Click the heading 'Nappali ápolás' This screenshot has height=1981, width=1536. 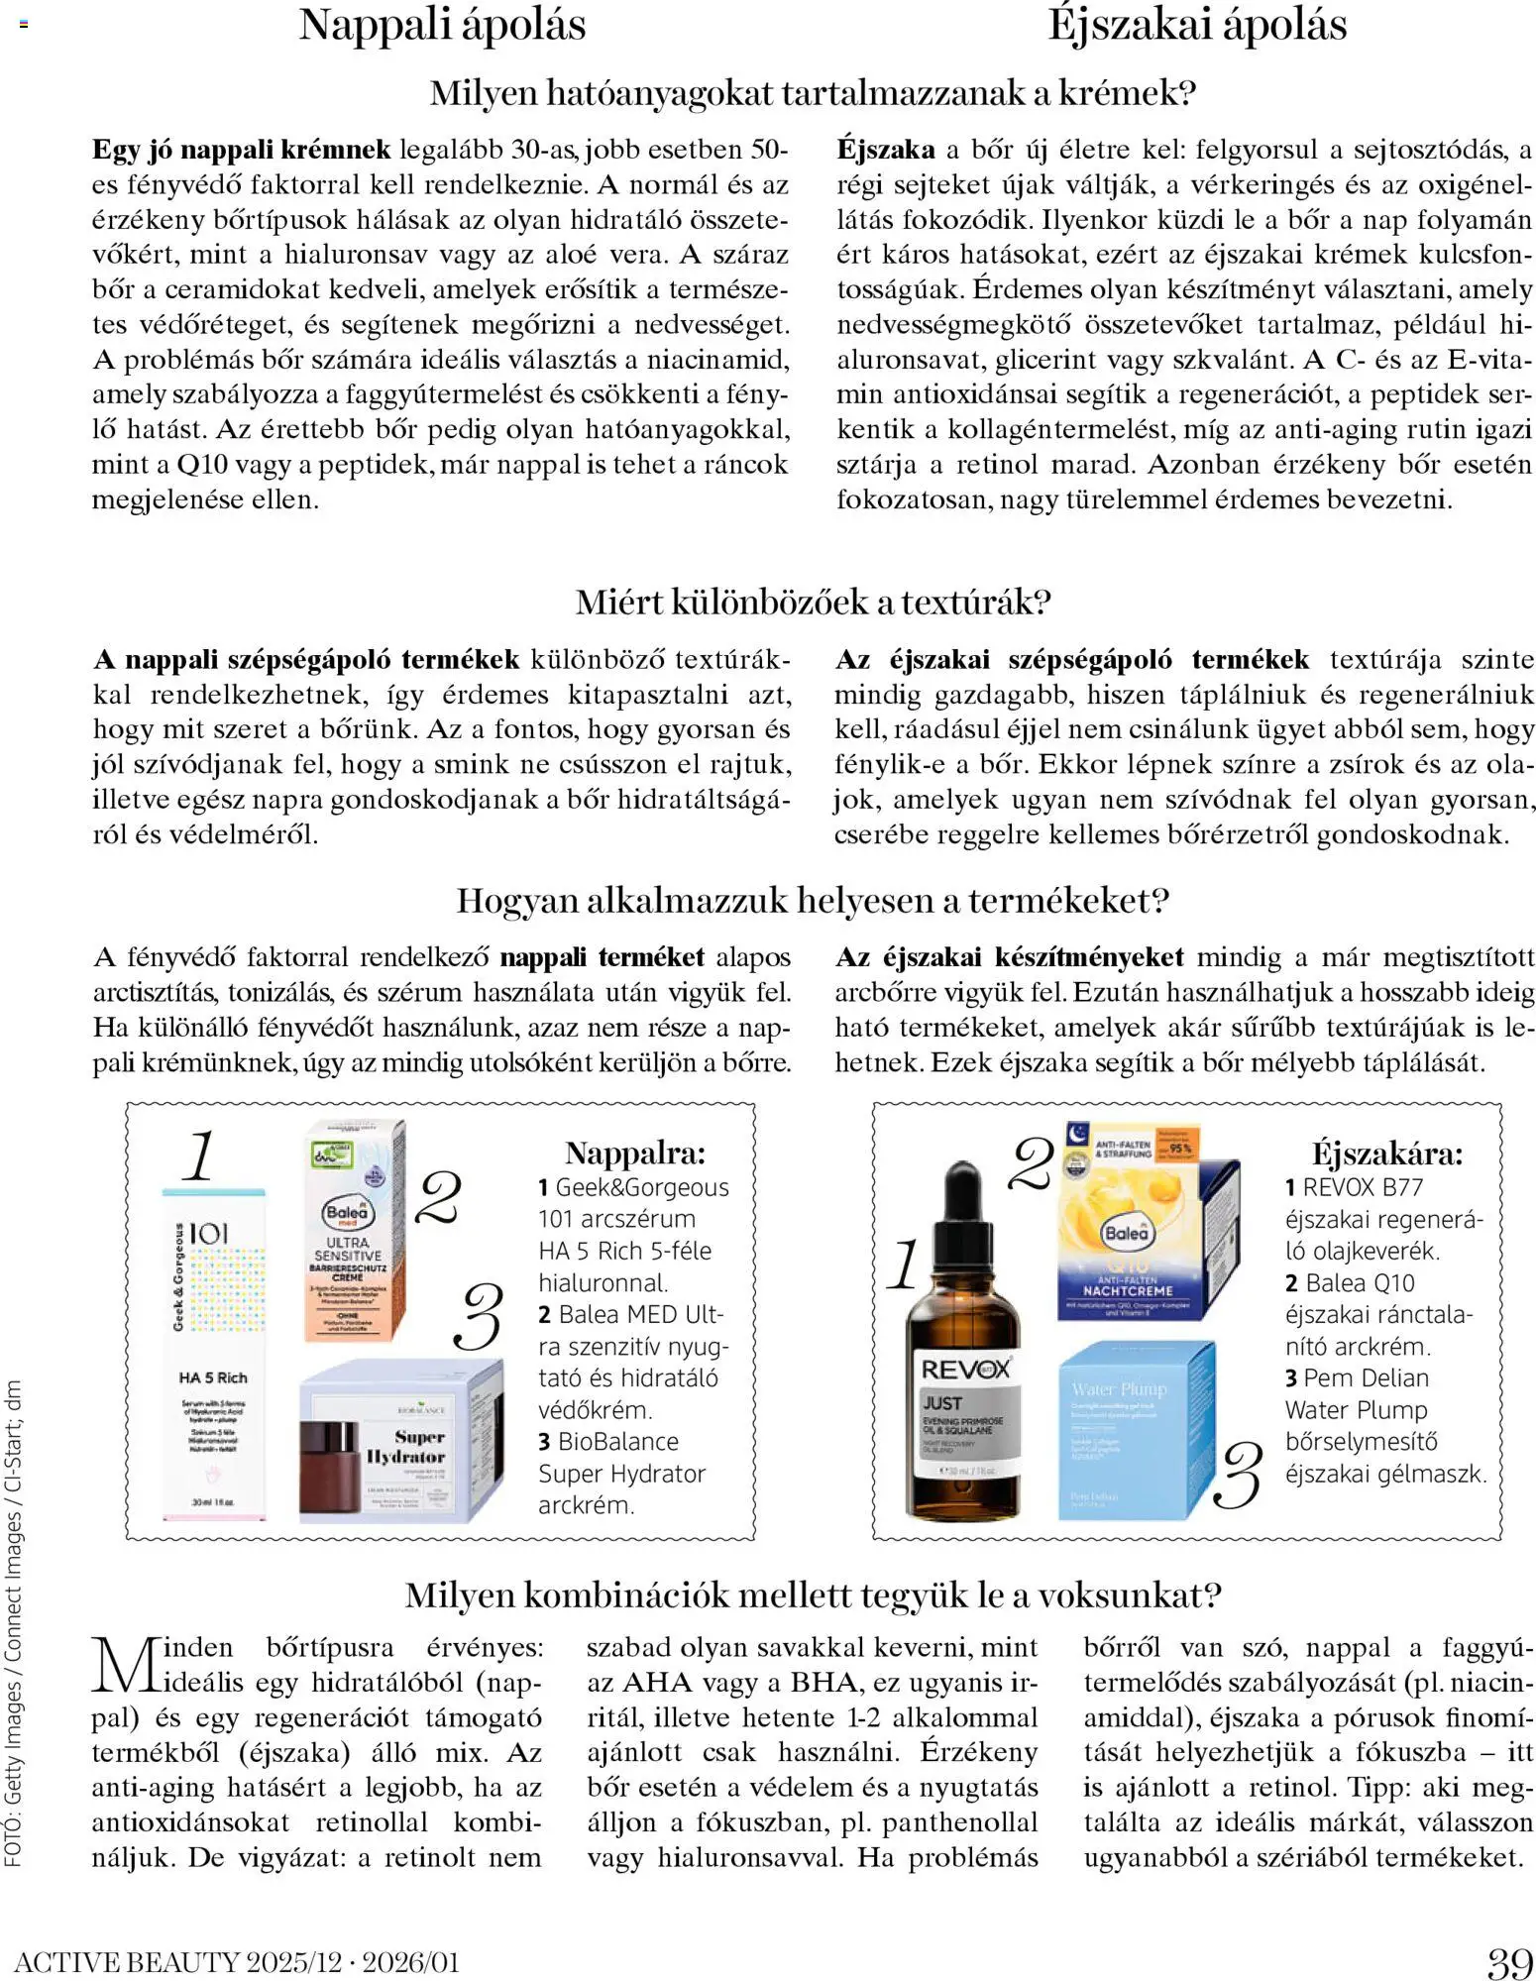click(442, 25)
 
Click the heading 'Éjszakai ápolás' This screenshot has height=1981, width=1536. click(1196, 25)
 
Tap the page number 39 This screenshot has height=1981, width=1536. click(1509, 1962)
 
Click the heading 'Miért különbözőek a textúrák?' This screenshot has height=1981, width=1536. click(813, 602)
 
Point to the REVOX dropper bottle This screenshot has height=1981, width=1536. click(964, 1387)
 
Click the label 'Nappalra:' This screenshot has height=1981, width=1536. click(635, 1153)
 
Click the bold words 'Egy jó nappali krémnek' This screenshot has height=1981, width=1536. click(242, 150)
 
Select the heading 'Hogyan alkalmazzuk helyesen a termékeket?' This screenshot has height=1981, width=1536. click(813, 900)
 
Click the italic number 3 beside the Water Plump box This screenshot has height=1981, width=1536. click(1241, 1475)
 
